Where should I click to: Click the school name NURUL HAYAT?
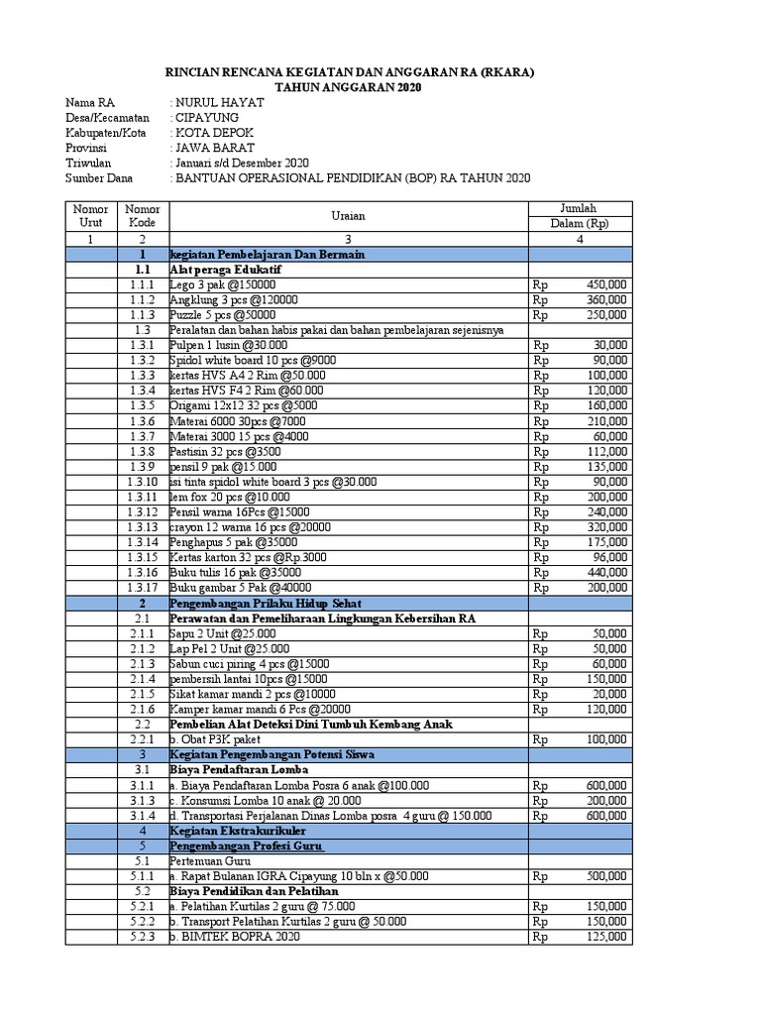tap(213, 102)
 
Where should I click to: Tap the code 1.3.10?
tap(143, 482)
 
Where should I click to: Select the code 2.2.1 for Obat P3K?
tap(143, 738)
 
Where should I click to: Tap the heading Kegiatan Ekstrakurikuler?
tap(238, 830)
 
